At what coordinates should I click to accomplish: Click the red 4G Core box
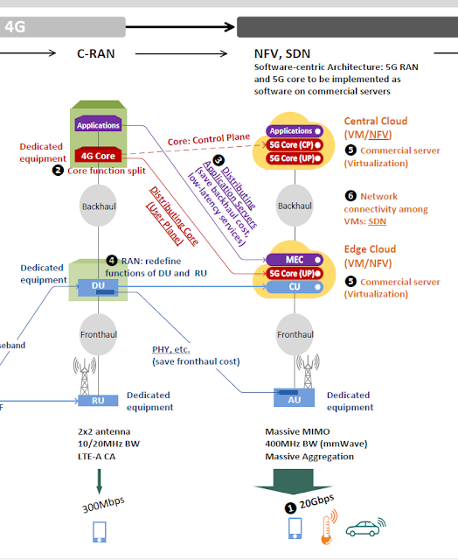pyautogui.click(x=98, y=155)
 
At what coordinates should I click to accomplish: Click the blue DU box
pyautogui.click(x=98, y=285)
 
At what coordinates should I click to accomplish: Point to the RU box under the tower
pyautogui.click(x=98, y=401)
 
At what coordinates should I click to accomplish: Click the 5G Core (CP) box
pyautogui.click(x=293, y=144)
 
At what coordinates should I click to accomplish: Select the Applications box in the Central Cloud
pyautogui.click(x=293, y=131)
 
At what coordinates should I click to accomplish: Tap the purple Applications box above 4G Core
pyautogui.click(x=98, y=126)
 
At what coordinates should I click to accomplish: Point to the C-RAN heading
pyautogui.click(x=96, y=54)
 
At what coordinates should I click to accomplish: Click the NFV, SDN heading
pyautogui.click(x=283, y=54)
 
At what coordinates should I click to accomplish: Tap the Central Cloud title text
pyautogui.click(x=375, y=121)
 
